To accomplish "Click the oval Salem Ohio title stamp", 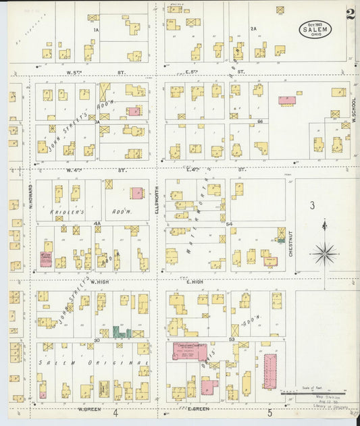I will click(315, 30).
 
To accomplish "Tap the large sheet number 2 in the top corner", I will click(351, 15).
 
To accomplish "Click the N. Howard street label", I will click(30, 196).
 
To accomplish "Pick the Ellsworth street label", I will click(157, 200).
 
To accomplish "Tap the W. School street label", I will click(353, 111).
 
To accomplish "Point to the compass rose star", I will click(324, 254).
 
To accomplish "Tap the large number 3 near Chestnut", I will click(312, 205).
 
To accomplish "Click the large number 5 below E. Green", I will click(269, 412).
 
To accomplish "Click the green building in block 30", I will click(121, 331).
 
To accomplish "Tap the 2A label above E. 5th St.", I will click(253, 28).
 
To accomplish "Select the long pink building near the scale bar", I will click(271, 372).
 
